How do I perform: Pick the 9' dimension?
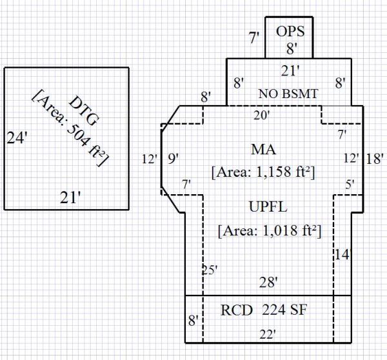tap(174, 158)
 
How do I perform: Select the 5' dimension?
tap(350, 185)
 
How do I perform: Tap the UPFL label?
tap(267, 207)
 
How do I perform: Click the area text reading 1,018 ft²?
tap(270, 230)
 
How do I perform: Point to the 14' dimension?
tap(342, 254)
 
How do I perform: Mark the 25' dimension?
tap(208, 270)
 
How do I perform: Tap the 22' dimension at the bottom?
tap(267, 334)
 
